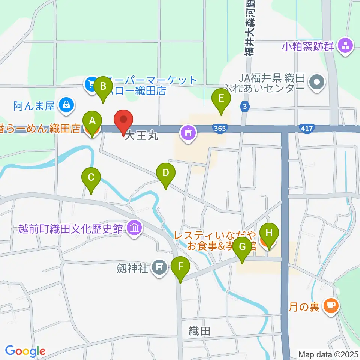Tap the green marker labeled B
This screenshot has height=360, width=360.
coord(103,87)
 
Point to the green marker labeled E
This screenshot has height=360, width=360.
coord(221,99)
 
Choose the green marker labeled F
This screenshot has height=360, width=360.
coord(181,268)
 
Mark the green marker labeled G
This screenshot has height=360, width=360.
coord(243,248)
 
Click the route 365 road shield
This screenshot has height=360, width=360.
coord(220,129)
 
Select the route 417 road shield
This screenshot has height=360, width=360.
coord(307,129)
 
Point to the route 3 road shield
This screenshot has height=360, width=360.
coord(245,107)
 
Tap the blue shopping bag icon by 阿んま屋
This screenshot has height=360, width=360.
coord(66,105)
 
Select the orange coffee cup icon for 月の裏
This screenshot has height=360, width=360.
coord(331,306)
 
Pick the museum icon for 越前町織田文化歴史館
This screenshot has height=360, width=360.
coord(133,227)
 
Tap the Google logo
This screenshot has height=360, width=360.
coord(25,351)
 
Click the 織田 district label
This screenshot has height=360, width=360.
coord(199,331)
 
